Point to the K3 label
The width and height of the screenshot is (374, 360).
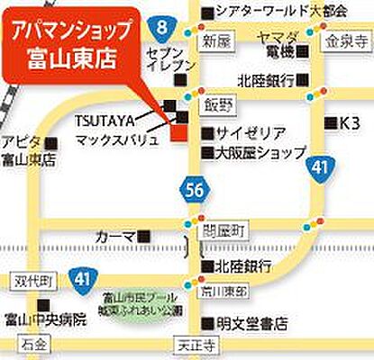(x=347, y=121)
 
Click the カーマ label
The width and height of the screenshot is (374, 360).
(x=115, y=236)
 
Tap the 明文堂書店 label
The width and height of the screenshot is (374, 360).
(x=252, y=322)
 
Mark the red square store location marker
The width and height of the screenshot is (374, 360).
(x=178, y=134)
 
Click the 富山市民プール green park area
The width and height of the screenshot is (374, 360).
(x=144, y=303)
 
